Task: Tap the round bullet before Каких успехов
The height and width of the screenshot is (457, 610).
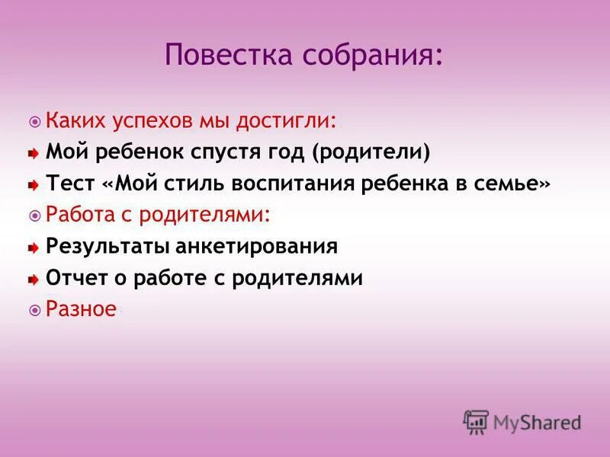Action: tap(34, 122)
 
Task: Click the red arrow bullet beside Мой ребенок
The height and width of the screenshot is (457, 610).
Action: tap(34, 154)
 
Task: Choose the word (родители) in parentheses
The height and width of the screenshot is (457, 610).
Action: tap(371, 152)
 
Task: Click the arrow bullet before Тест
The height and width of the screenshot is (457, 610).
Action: tap(34, 185)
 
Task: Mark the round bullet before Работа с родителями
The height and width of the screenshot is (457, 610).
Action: tap(34, 216)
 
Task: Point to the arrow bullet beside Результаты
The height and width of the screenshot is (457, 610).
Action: tap(34, 248)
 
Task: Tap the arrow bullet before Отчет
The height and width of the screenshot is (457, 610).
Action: tap(34, 280)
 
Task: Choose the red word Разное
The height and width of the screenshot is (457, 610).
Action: tap(82, 309)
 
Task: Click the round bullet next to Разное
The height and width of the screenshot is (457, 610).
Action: tap(34, 311)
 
